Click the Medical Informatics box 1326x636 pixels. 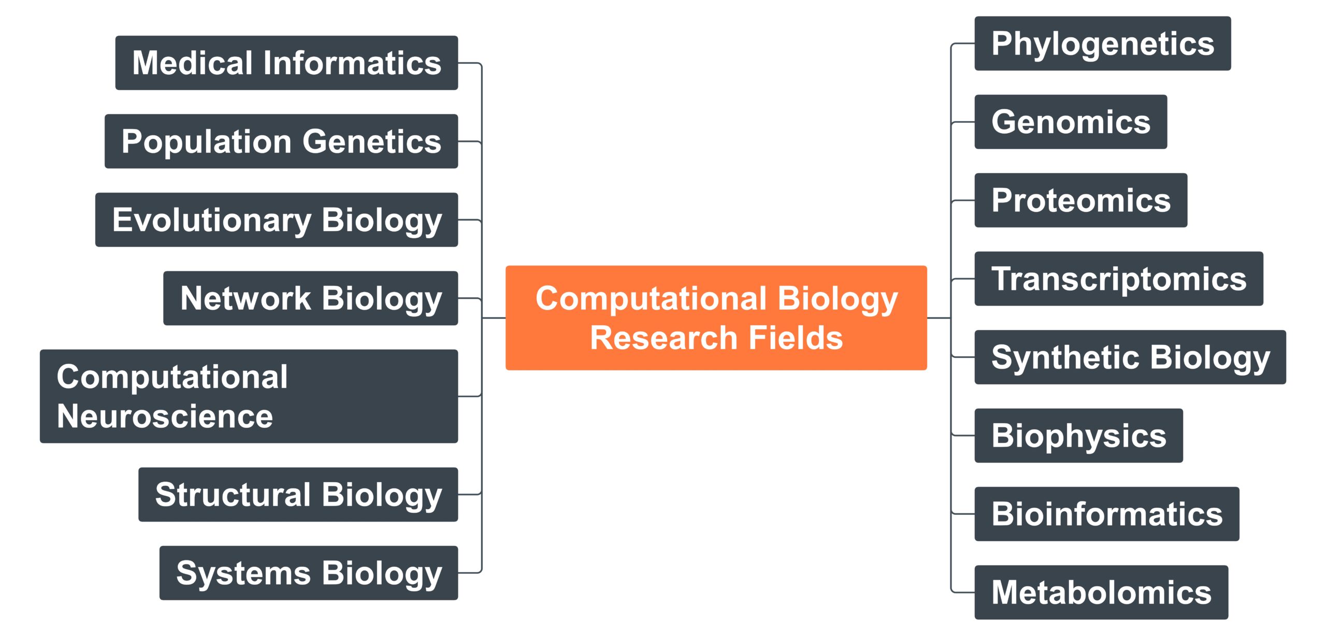pos(286,63)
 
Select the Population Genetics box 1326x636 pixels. pos(281,141)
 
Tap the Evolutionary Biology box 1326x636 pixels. pos(277,220)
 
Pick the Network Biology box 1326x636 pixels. pos(311,298)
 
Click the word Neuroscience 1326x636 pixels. pos(165,416)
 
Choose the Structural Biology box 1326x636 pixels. pos(298,495)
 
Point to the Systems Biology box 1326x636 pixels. pos(309,573)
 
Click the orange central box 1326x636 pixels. pos(716,318)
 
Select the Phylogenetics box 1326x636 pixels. pos(1103,44)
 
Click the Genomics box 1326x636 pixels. pos(1071,122)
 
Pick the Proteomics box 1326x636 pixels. pos(1081,200)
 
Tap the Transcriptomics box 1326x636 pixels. pos(1119,279)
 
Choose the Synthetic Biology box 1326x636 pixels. pos(1130,357)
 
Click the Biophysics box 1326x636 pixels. pos(1079,436)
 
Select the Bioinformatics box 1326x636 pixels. pos(1107,514)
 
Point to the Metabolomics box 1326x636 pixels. pos(1101,592)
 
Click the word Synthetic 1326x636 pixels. pos(1065,357)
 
